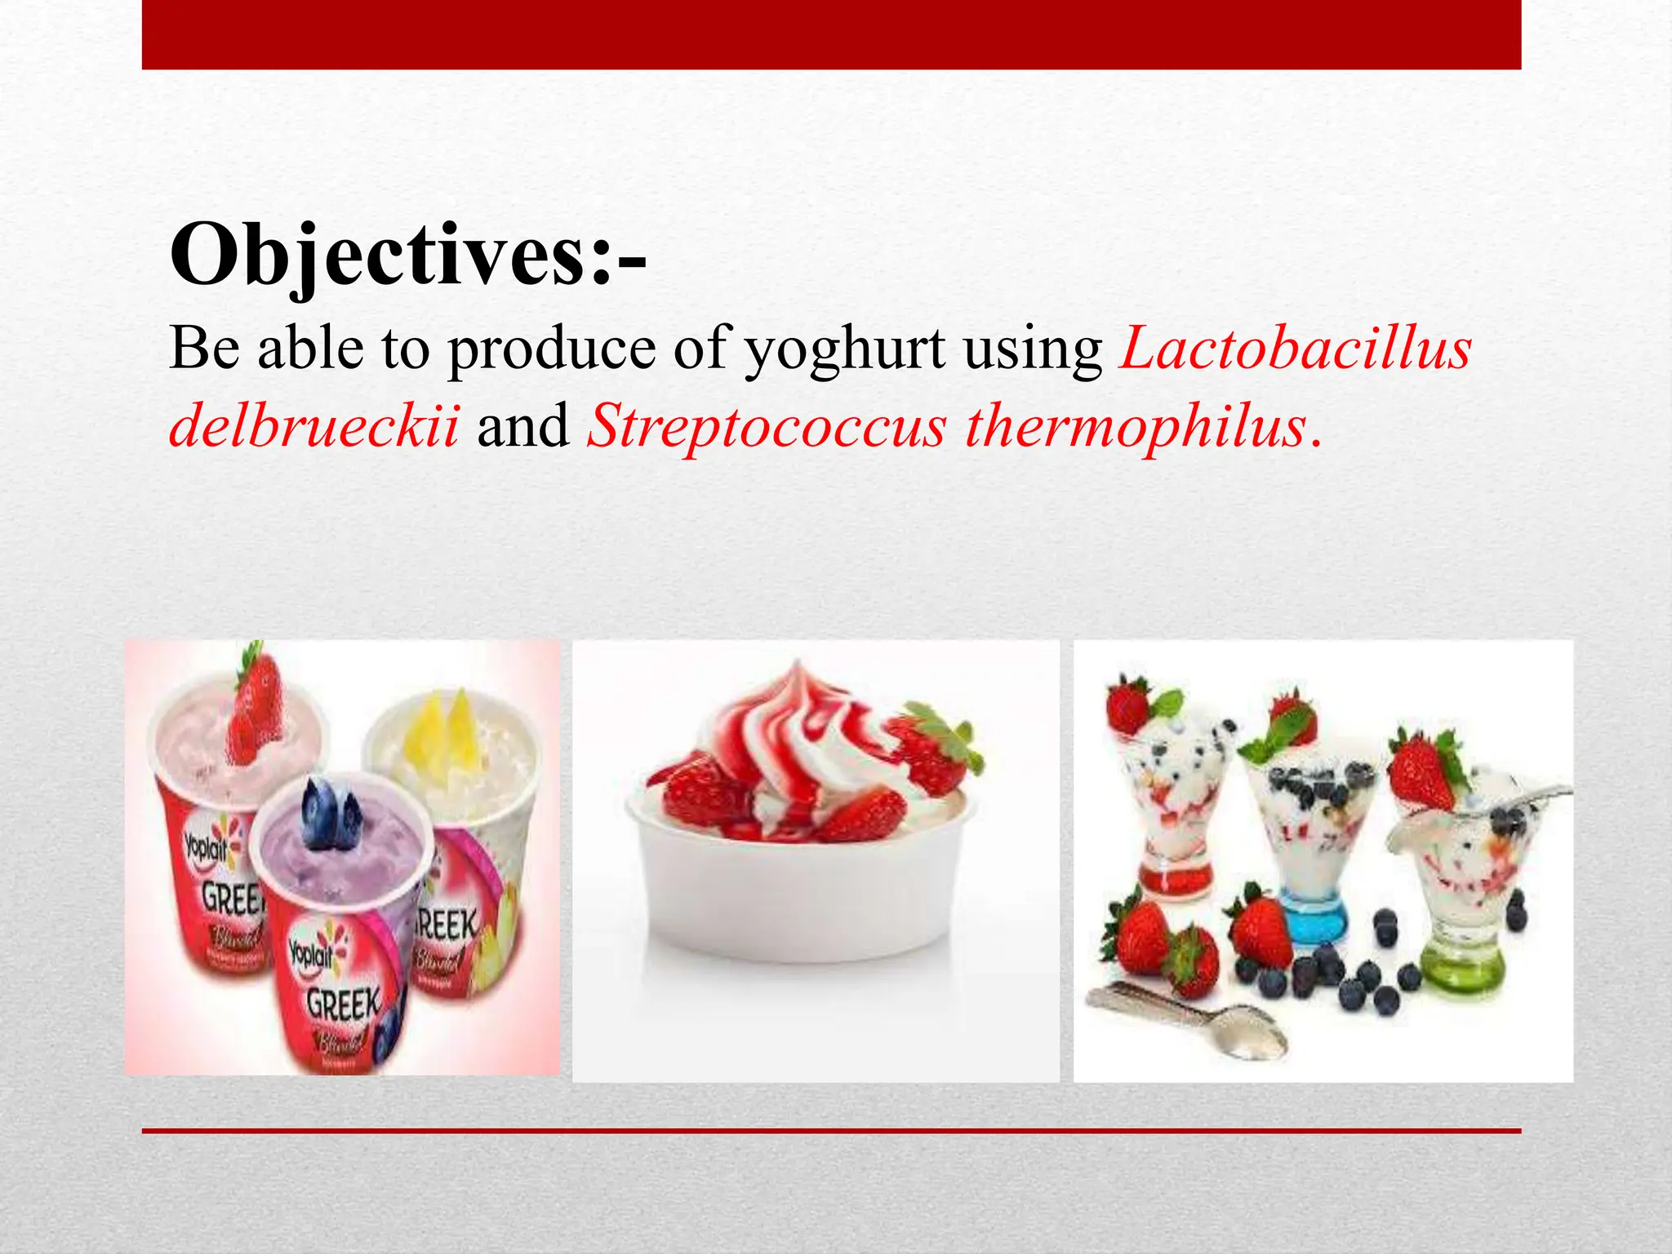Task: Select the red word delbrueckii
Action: tap(314, 426)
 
